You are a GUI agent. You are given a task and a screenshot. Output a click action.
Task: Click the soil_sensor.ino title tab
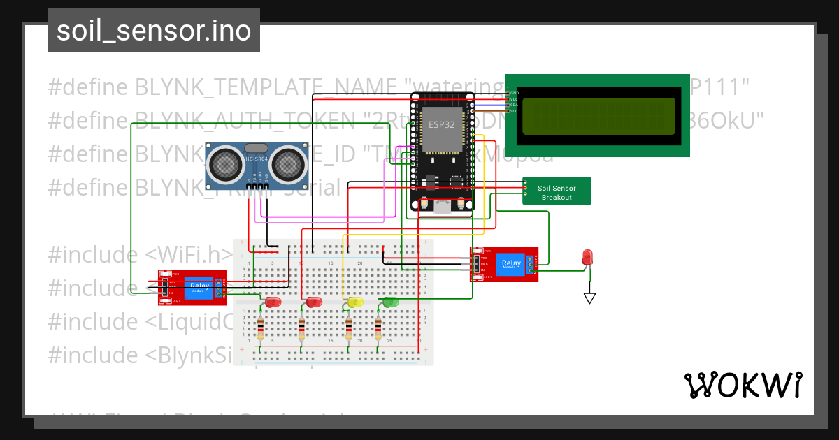[153, 31]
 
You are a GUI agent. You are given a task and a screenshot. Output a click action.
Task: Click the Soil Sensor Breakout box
[556, 192]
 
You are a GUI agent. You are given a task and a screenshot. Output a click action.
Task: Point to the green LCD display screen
[598, 116]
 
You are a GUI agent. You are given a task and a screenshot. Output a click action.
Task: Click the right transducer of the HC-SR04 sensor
[287, 164]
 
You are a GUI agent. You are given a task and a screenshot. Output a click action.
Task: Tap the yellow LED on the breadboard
[355, 302]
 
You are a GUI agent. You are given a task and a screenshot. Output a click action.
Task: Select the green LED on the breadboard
[390, 302]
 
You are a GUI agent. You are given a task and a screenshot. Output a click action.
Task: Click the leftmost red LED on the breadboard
[272, 302]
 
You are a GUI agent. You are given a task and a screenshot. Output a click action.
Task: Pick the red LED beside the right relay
[588, 257]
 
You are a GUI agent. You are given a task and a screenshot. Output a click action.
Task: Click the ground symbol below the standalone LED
[589, 298]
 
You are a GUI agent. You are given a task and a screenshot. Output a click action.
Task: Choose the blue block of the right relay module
[508, 264]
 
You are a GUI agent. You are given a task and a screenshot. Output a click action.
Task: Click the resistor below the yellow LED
[349, 327]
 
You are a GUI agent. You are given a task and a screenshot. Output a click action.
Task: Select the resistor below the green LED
[378, 327]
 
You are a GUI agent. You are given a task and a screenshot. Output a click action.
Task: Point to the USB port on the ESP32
[443, 205]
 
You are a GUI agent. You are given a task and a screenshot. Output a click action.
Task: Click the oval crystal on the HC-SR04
[257, 149]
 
